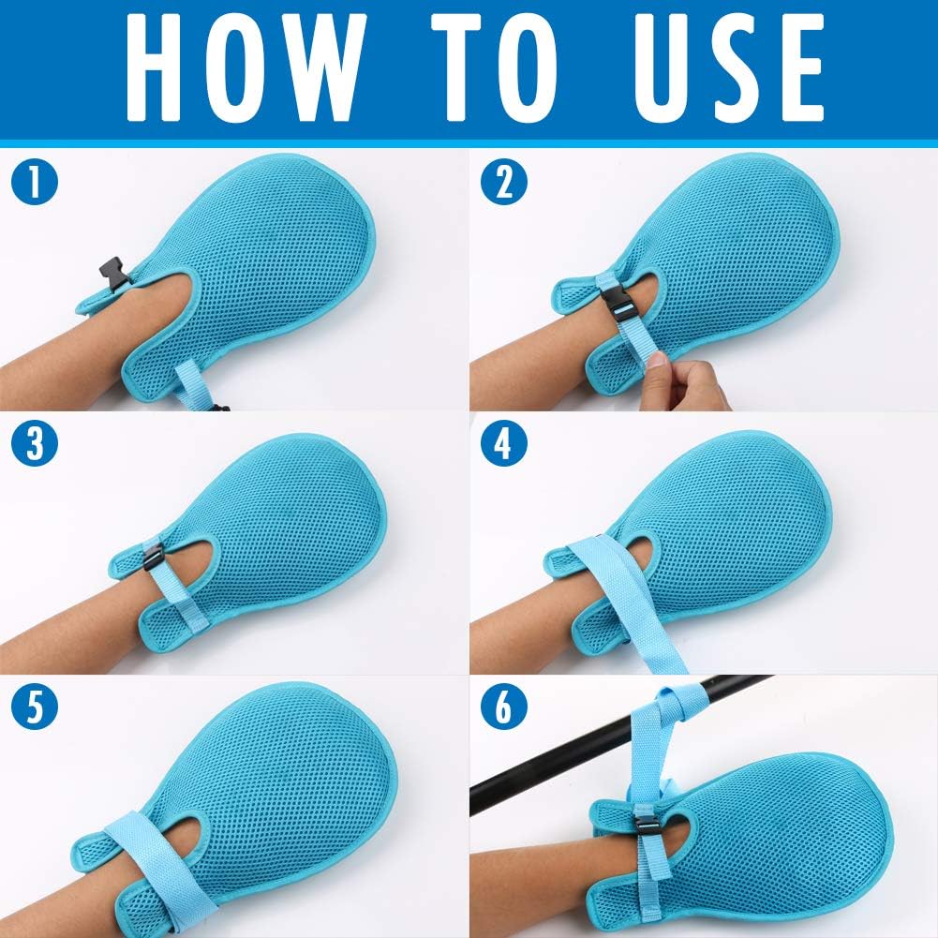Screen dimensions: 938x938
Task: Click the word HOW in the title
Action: coord(246,67)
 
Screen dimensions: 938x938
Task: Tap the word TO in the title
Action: coord(495,67)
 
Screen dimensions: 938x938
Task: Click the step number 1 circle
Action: coord(35,181)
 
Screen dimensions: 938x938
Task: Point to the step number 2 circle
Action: coord(504,181)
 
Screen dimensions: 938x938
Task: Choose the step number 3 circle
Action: coord(35,443)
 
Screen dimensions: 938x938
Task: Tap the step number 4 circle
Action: coord(504,443)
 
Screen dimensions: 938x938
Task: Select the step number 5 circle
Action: coord(35,707)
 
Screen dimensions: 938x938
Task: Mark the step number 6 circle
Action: coord(504,707)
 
